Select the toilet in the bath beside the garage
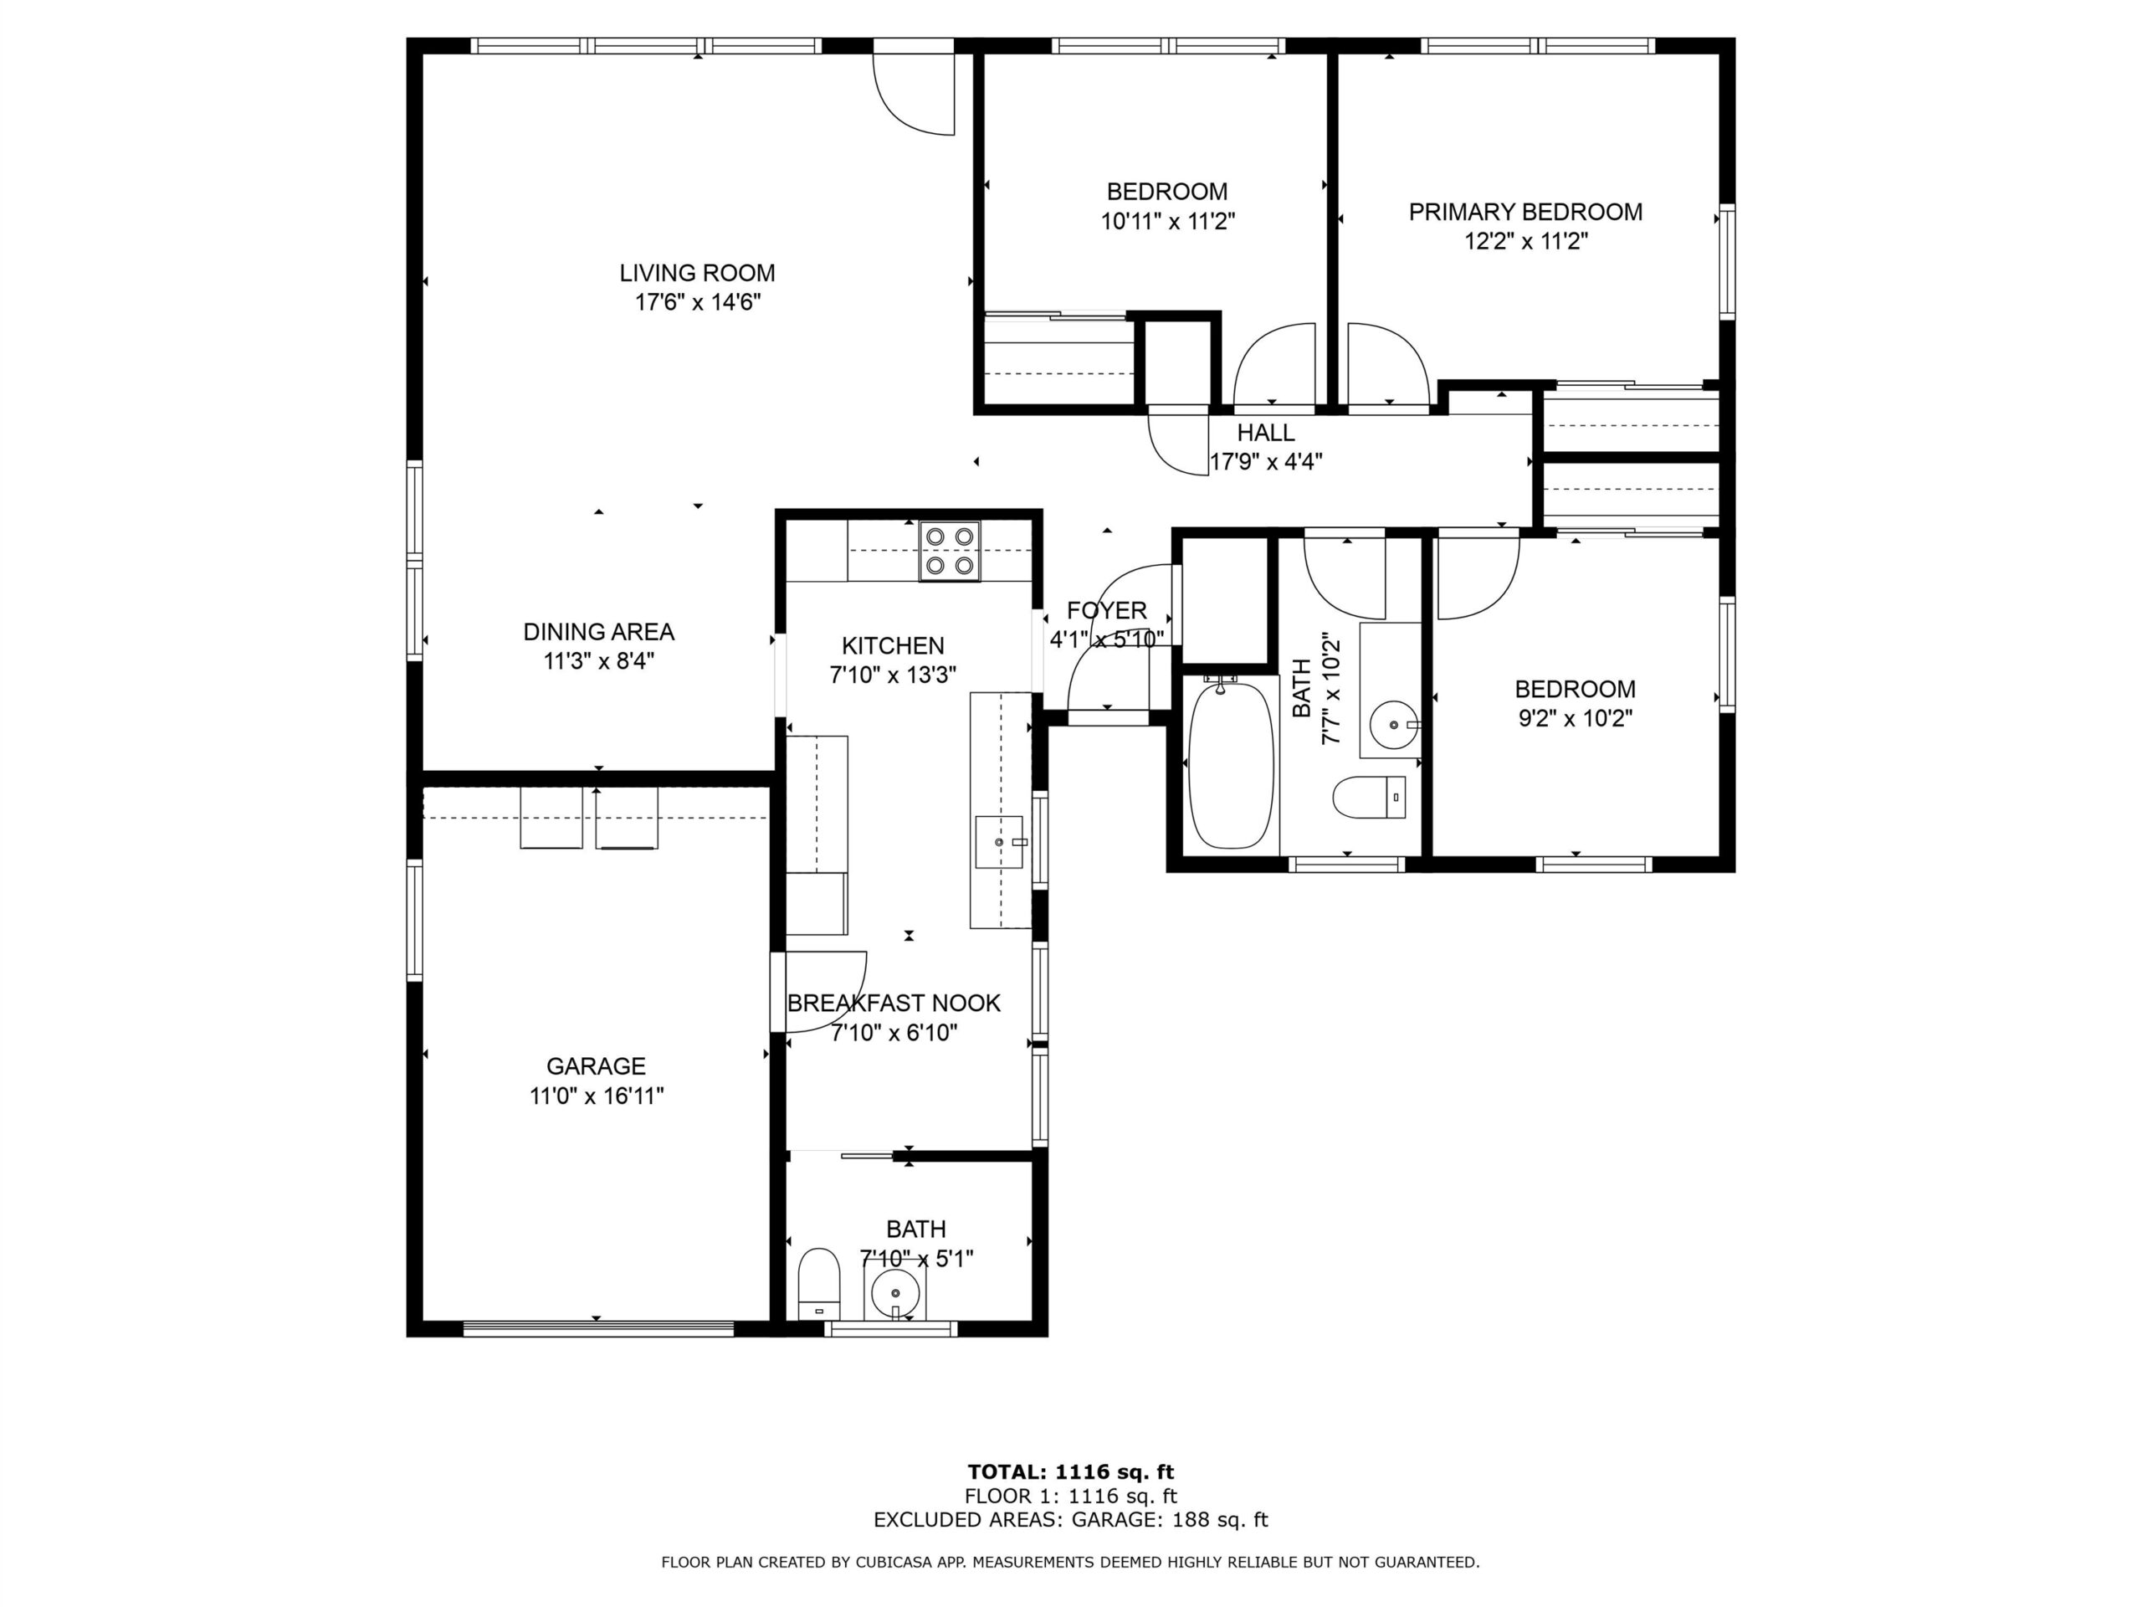[818, 1282]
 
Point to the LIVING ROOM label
[697, 273]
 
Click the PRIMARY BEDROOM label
[1525, 212]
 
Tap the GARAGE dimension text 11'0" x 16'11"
[596, 1096]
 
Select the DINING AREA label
[598, 632]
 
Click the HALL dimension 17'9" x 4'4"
[1267, 461]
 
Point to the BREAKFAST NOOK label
[893, 1003]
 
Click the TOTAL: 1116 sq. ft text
[1070, 1472]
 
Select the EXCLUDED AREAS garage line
[1070, 1519]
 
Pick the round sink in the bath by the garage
[894, 1291]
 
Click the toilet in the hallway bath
[1369, 797]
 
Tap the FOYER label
[1107, 610]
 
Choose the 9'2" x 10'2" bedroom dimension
[1575, 719]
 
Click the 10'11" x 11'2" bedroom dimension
[1168, 222]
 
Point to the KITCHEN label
[893, 645]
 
